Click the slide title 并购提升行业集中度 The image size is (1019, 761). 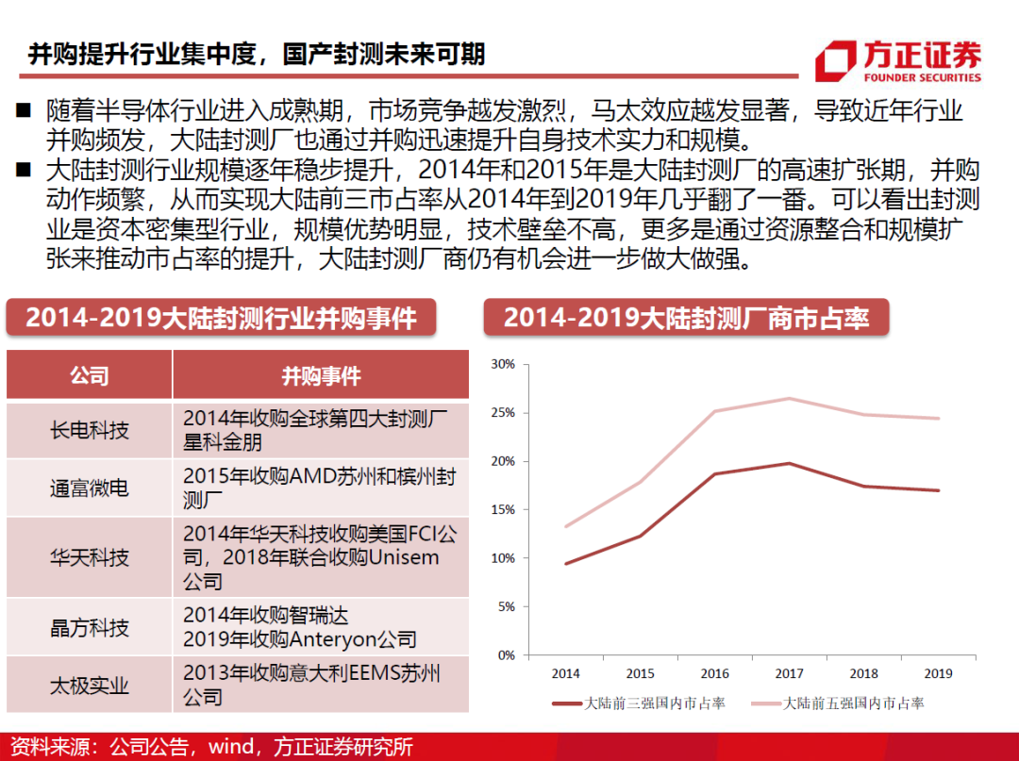tap(256, 53)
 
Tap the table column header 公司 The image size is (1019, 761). tap(89, 375)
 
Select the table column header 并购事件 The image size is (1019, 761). tap(321, 375)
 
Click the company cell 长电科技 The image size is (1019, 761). tap(89, 430)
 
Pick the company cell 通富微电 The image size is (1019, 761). tap(89, 488)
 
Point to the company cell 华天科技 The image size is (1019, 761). tap(89, 557)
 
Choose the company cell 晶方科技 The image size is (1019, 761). tap(89, 627)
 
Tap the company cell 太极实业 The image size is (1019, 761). tap(89, 685)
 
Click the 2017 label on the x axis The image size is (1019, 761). tap(789, 673)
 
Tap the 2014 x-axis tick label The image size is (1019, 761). tap(565, 673)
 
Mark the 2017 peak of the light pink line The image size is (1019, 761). tap(789, 398)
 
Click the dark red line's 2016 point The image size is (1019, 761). tap(714, 473)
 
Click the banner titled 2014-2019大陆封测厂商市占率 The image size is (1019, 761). tap(686, 318)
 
